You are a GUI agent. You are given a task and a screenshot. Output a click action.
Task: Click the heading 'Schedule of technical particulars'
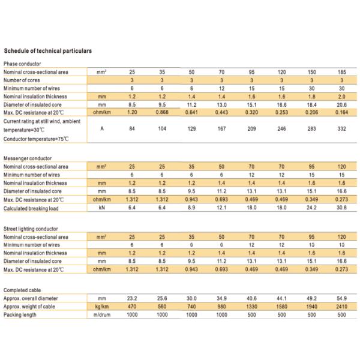(x=47, y=51)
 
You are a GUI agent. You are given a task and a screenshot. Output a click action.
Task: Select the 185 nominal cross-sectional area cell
(x=341, y=71)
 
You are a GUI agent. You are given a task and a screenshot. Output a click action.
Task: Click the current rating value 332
(x=341, y=128)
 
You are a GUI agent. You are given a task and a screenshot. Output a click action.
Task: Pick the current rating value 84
(x=132, y=128)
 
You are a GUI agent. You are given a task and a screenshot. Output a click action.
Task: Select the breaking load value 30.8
(x=341, y=207)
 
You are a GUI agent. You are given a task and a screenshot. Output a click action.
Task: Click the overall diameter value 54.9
(x=341, y=298)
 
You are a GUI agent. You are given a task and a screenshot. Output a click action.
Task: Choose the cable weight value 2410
(x=341, y=306)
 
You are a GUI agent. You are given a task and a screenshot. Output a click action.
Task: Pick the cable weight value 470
(x=132, y=306)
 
